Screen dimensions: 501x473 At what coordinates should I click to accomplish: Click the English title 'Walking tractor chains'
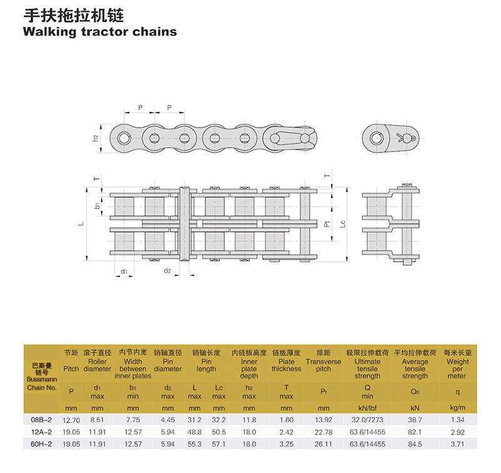point(100,33)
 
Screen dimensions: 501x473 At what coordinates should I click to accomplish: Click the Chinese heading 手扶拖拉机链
point(73,15)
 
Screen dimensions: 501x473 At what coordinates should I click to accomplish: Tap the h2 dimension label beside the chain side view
point(95,138)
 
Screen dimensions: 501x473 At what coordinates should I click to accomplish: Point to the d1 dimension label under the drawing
point(124,272)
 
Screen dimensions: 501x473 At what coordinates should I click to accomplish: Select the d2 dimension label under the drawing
point(167,271)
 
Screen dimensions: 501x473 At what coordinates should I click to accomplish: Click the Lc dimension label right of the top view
point(342,224)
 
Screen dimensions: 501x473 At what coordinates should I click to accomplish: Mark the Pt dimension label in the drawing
point(327,224)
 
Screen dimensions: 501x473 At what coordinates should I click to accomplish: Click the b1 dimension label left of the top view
point(98,205)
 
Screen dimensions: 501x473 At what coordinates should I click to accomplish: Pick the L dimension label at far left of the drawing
point(81,223)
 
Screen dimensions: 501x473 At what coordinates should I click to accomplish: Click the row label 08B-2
point(41,420)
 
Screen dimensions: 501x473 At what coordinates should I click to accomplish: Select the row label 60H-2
point(41,444)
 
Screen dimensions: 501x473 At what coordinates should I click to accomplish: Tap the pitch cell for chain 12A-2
point(71,432)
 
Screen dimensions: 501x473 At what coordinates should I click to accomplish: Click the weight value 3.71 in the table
point(458,444)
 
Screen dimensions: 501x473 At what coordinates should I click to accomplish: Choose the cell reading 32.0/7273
point(367,420)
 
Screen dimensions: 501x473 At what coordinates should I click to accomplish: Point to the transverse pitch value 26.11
point(323,444)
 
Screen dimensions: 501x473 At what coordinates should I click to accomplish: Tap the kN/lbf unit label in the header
point(367,408)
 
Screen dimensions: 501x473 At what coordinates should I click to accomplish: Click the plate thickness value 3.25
point(286,444)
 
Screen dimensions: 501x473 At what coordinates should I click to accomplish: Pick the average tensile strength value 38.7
point(415,420)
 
